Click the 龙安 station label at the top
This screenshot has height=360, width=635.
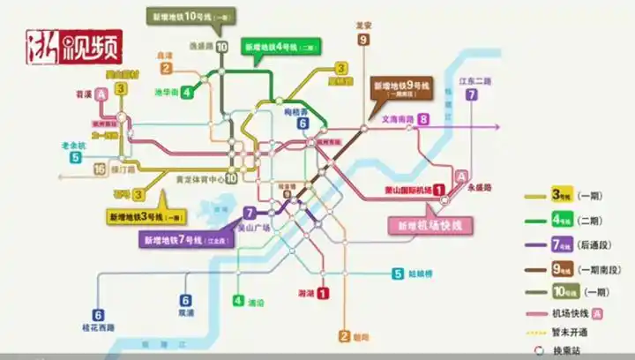tap(363, 26)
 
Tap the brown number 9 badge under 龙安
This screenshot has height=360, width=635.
tap(363, 40)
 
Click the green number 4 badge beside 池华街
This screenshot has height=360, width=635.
tap(187, 92)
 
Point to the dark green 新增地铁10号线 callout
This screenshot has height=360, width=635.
tap(185, 16)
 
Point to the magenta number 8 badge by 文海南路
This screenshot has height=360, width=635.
tap(423, 119)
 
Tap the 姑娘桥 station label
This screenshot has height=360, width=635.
tap(421, 274)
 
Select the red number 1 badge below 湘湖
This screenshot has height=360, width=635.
tap(323, 293)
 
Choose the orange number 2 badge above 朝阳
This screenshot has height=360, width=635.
tap(344, 335)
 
